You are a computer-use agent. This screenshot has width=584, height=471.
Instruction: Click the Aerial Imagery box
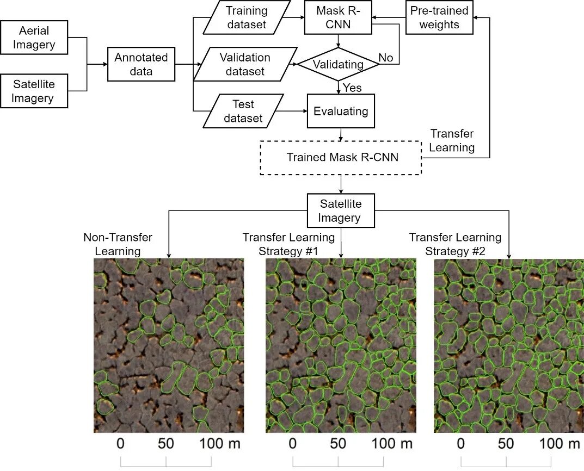(34, 38)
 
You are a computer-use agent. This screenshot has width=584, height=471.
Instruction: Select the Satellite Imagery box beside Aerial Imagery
(34, 91)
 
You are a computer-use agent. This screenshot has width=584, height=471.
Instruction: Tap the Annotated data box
(142, 64)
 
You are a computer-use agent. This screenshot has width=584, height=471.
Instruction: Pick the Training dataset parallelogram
(247, 17)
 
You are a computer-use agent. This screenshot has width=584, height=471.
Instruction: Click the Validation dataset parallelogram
(244, 64)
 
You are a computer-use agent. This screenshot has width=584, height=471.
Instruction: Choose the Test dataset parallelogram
(243, 111)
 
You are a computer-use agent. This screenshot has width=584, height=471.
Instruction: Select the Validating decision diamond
(338, 65)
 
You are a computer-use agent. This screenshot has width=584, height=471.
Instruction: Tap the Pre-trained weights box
(440, 17)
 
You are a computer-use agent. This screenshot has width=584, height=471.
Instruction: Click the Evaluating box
(341, 111)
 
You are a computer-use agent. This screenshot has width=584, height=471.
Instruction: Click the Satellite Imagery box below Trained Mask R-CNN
(341, 211)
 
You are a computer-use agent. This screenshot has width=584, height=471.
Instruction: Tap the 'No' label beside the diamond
(386, 58)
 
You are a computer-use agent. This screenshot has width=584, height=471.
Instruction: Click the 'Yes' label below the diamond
(352, 88)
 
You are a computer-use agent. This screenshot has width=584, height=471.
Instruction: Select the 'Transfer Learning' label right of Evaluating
(452, 140)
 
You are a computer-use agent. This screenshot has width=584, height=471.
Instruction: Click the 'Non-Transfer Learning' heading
(118, 244)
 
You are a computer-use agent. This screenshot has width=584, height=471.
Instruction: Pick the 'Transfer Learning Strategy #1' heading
(288, 244)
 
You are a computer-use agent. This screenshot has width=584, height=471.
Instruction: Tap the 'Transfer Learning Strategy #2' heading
(455, 244)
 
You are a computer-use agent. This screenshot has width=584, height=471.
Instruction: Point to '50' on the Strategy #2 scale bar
(506, 443)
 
